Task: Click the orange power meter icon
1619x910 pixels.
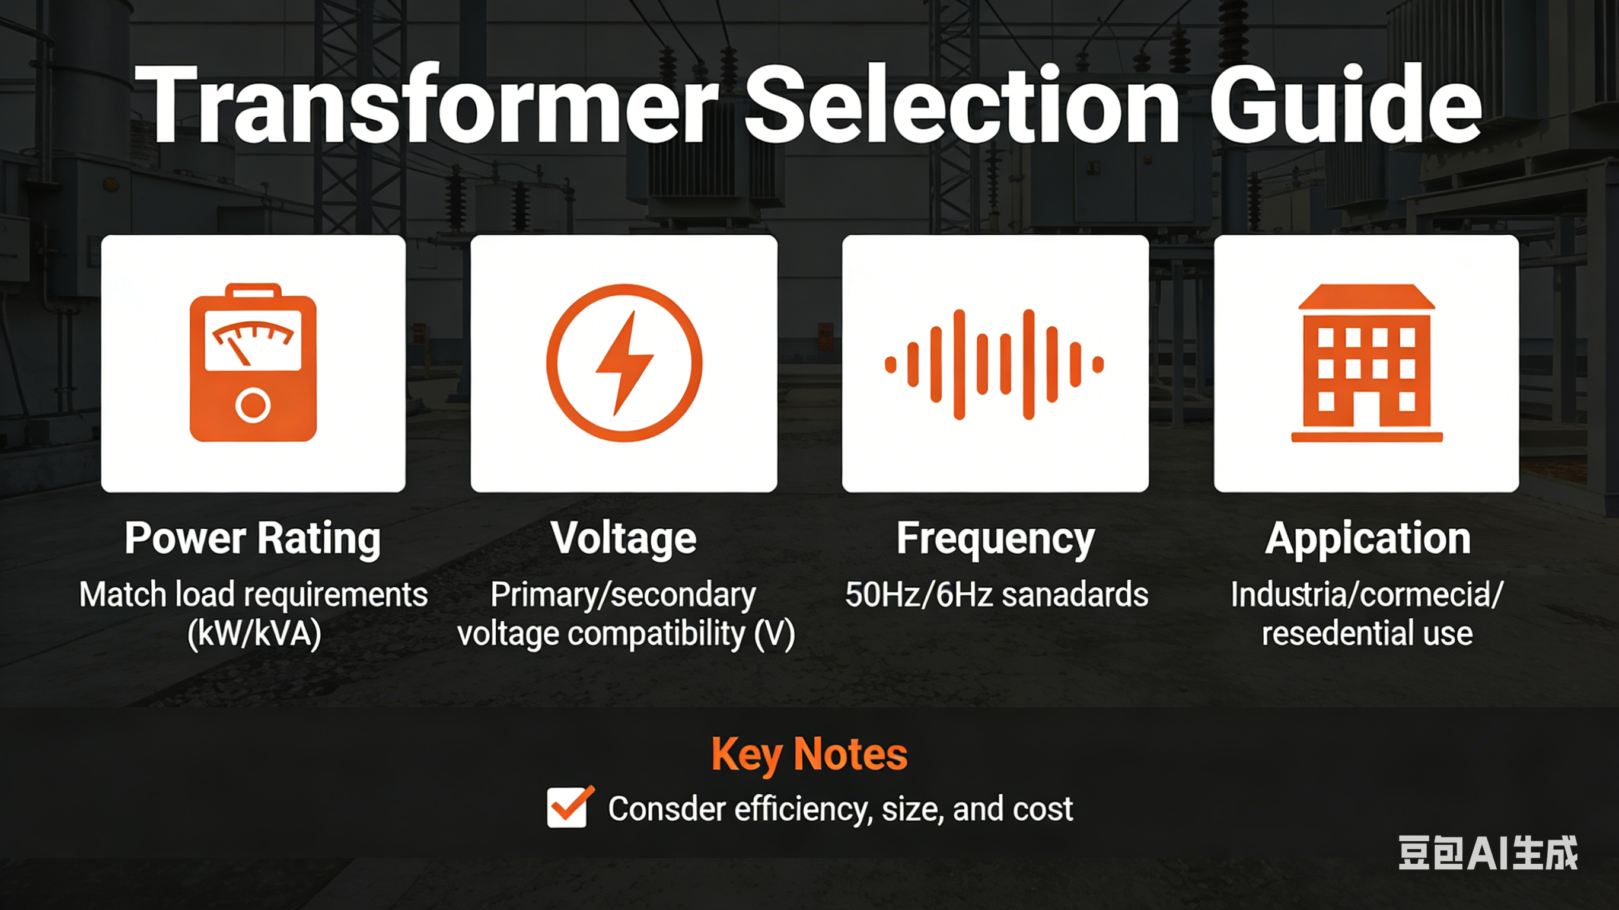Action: [x=253, y=363]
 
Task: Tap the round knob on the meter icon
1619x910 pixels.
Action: [x=253, y=405]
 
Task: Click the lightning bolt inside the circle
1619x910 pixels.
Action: [x=623, y=363]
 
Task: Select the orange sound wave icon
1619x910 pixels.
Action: [x=995, y=364]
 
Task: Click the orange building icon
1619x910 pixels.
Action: [x=1366, y=363]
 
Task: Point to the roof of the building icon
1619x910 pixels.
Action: [x=1366, y=297]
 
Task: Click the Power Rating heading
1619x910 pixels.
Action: [x=253, y=538]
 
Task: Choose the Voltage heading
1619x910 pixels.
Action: [x=623, y=538]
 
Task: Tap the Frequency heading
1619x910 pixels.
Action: [x=995, y=538]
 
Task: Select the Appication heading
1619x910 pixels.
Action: [x=1368, y=538]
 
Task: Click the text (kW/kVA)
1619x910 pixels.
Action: [x=254, y=634]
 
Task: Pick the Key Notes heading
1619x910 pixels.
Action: [x=809, y=753]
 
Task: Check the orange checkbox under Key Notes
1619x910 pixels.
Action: [x=568, y=807]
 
